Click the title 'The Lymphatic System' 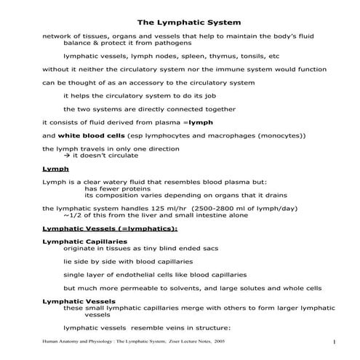180,21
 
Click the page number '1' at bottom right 332,341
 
